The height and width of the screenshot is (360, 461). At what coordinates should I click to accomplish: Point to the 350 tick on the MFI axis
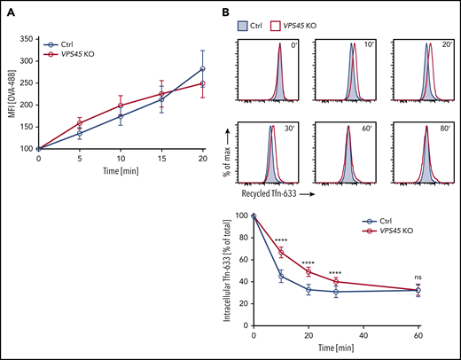click(28, 38)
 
